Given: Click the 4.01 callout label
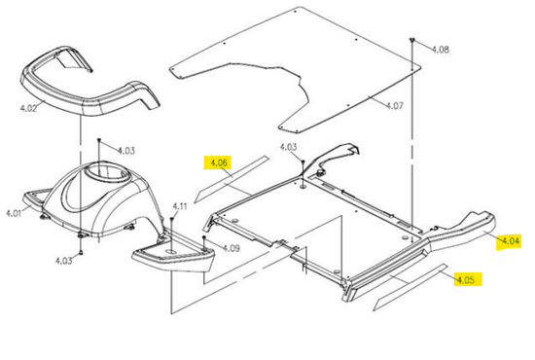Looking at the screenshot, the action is pyautogui.click(x=14, y=214).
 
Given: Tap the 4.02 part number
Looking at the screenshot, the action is pyautogui.click(x=28, y=109).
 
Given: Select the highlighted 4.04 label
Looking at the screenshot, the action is pyautogui.click(x=511, y=241).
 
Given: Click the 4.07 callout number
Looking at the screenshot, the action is pyautogui.click(x=394, y=106).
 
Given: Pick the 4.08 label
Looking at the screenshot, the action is pyautogui.click(x=441, y=50).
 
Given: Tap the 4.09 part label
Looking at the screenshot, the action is pyautogui.click(x=232, y=248).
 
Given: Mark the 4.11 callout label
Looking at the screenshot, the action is pyautogui.click(x=180, y=207).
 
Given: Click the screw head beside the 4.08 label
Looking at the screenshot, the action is pyautogui.click(x=412, y=41).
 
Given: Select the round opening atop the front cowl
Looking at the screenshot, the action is pyautogui.click(x=109, y=172).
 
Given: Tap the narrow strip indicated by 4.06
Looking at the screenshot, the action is pyautogui.click(x=232, y=179).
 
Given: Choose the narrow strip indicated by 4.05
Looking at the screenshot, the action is pyautogui.click(x=410, y=287).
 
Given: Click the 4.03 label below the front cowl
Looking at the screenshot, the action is pyautogui.click(x=64, y=261).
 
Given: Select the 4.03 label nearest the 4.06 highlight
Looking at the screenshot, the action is pyautogui.click(x=289, y=148).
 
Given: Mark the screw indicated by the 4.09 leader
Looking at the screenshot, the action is pyautogui.click(x=204, y=237).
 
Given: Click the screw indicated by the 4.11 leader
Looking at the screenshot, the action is pyautogui.click(x=172, y=219).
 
